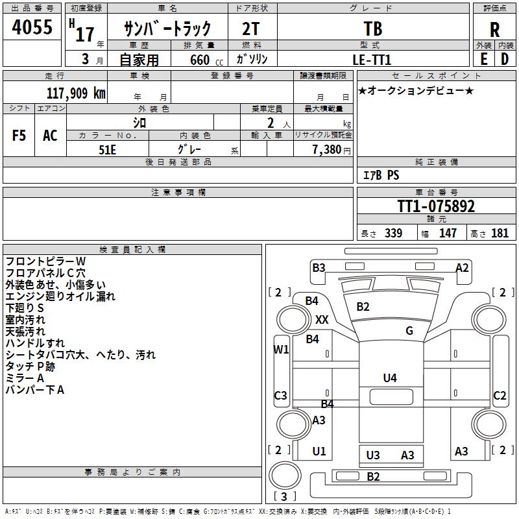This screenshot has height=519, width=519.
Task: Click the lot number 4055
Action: pyautogui.click(x=32, y=29)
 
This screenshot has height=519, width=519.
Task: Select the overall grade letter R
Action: pyautogui.click(x=494, y=30)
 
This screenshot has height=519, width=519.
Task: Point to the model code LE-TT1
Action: pyautogui.click(x=372, y=59)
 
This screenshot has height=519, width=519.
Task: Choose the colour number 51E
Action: pyautogui.click(x=108, y=149)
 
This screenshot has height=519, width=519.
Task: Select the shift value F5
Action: pyautogui.click(x=19, y=136)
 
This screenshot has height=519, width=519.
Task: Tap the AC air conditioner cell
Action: pyautogui.click(x=50, y=136)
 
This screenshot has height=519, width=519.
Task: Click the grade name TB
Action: pyautogui.click(x=372, y=29)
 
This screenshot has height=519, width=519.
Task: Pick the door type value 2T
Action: pyautogui.click(x=251, y=29)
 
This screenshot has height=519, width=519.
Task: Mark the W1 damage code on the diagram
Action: pyautogui.click(x=281, y=349)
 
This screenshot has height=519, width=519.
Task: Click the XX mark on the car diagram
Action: pyautogui.click(x=322, y=319)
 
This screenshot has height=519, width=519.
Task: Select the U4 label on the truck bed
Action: pyautogui.click(x=389, y=378)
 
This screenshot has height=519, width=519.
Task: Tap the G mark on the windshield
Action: pyautogui.click(x=409, y=331)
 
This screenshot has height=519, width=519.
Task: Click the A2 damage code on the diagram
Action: pyautogui.click(x=462, y=267)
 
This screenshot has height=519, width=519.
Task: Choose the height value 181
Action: pyautogui.click(x=500, y=233)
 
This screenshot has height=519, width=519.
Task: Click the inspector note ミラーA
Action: pyautogui.click(x=25, y=378)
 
